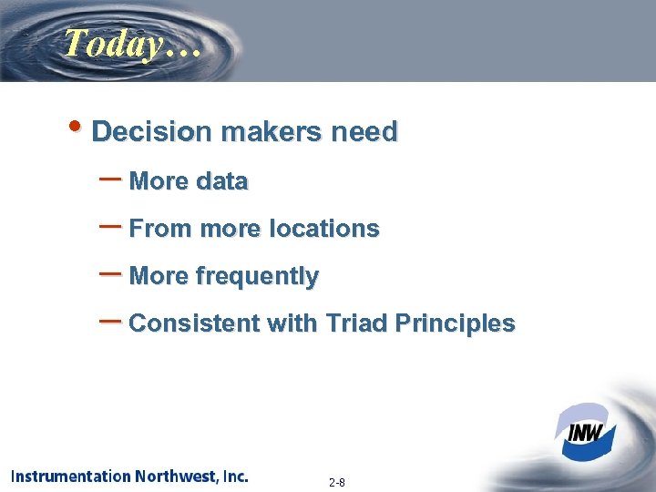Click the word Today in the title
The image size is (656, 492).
[108, 44]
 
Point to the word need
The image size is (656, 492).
[364, 132]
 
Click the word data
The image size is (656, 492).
[221, 181]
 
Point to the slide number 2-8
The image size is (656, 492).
[336, 482]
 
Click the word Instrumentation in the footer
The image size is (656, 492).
[70, 477]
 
